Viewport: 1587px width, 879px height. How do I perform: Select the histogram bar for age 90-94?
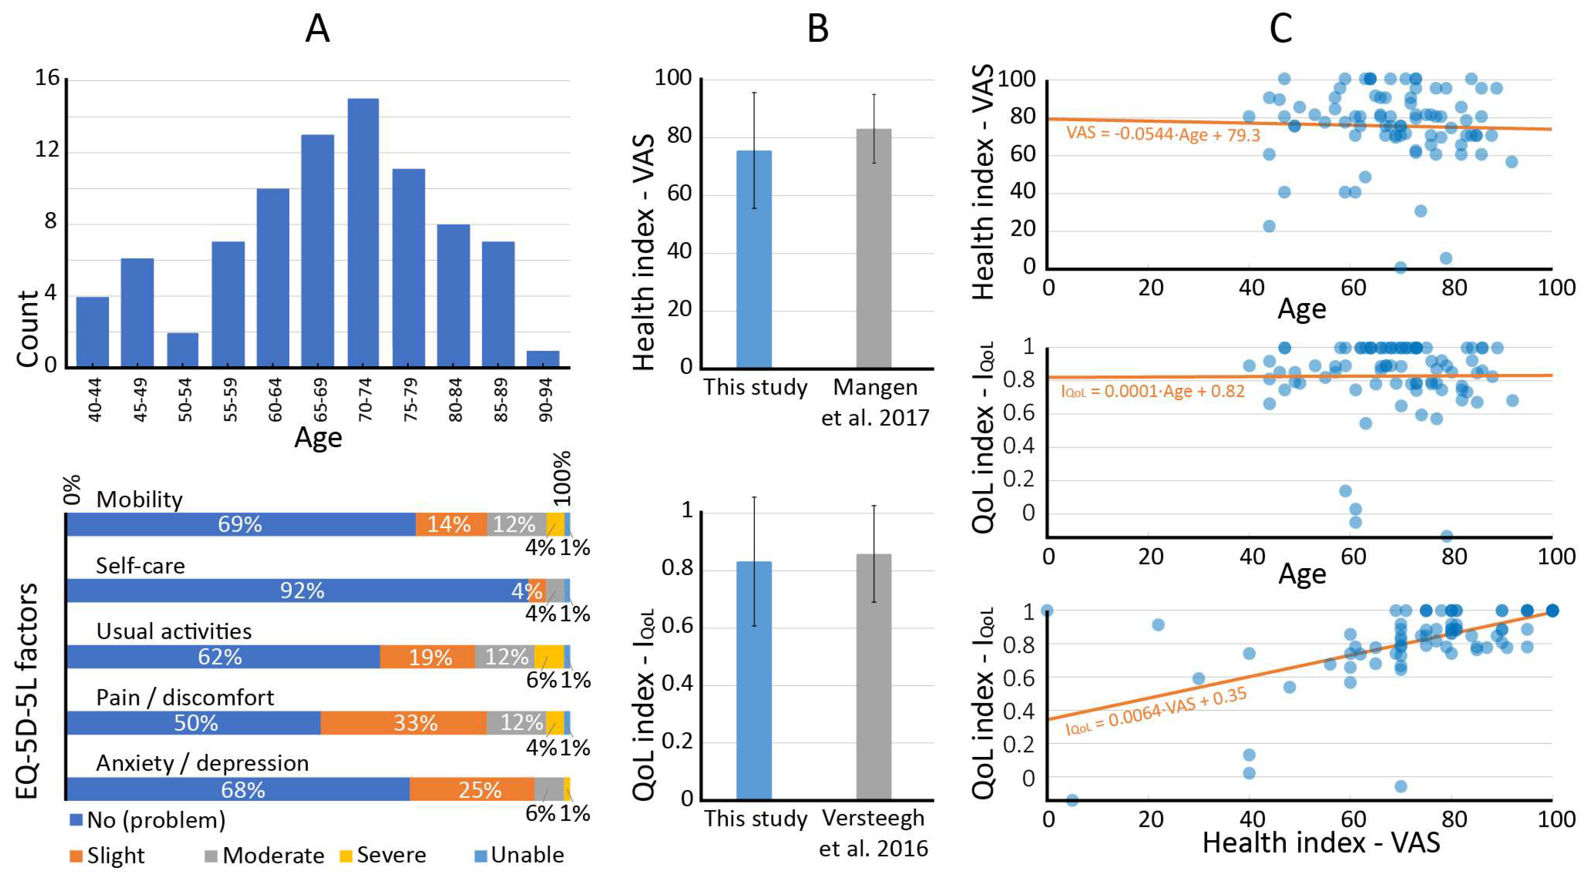[543, 359]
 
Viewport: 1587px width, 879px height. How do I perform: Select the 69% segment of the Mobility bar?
[240, 524]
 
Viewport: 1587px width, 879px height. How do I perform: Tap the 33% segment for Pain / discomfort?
[404, 723]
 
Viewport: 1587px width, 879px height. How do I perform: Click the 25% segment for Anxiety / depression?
[472, 789]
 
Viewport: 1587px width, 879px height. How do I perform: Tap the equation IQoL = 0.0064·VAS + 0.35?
[1156, 710]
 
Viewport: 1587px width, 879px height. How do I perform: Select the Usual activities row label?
[174, 631]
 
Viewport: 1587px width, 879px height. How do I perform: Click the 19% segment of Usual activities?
[427, 657]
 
